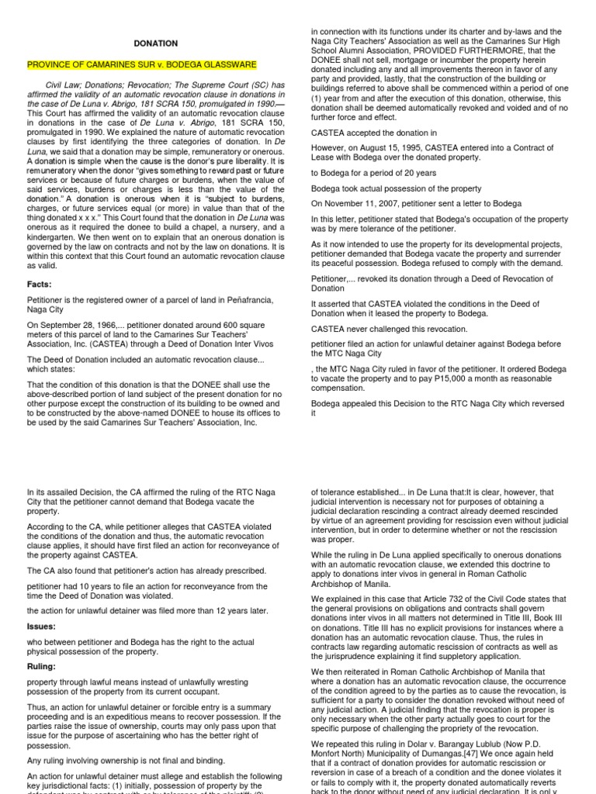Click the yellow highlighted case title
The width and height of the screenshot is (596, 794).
tap(142, 65)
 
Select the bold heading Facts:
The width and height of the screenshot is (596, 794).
tap(41, 285)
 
